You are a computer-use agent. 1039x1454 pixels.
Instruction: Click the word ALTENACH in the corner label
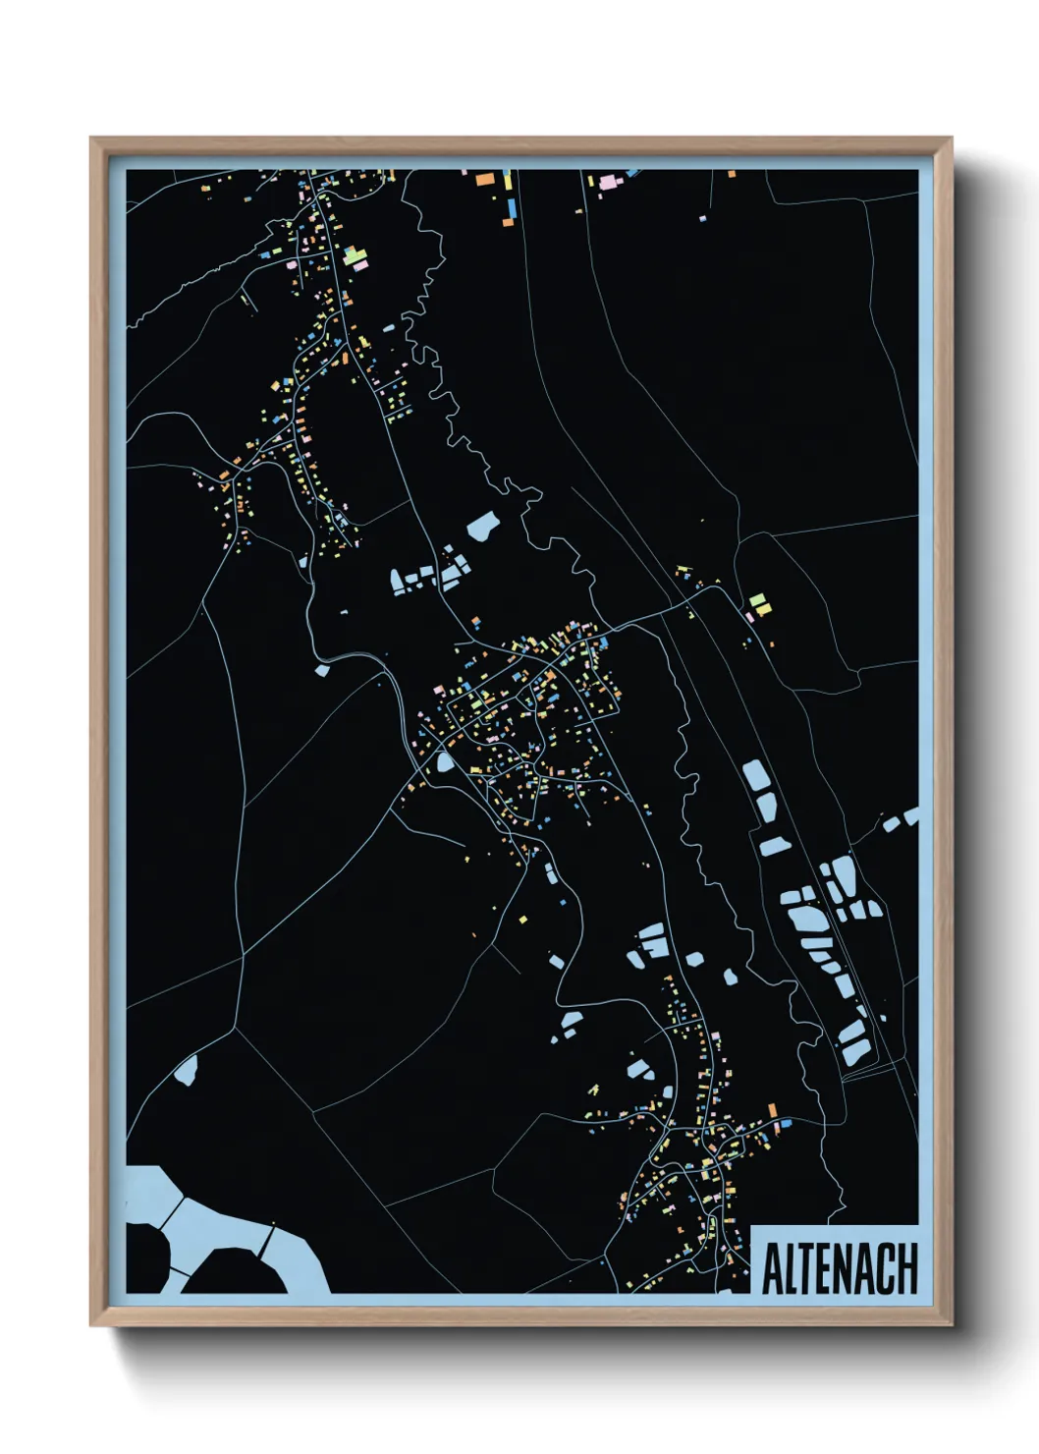click(x=840, y=1268)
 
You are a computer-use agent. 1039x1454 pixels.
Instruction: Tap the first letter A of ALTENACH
click(x=773, y=1269)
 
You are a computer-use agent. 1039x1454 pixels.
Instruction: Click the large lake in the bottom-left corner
click(x=226, y=1228)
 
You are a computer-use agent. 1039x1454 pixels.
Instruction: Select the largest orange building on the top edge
click(x=484, y=180)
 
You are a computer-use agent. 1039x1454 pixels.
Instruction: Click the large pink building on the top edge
click(x=607, y=182)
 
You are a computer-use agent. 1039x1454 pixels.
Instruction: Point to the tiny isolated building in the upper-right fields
click(x=702, y=218)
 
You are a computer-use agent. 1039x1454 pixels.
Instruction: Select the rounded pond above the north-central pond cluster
click(x=483, y=528)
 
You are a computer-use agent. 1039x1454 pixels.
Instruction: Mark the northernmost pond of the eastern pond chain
click(x=756, y=776)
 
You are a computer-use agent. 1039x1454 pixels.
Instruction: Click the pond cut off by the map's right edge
click(x=910, y=815)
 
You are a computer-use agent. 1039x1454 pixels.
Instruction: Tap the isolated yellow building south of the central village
click(x=523, y=920)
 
